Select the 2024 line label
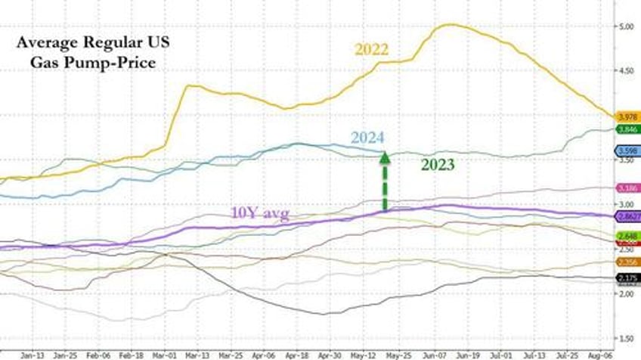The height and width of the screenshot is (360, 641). click(367, 138)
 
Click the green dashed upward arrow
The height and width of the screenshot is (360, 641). click(384, 182)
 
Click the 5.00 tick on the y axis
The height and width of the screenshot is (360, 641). click(627, 27)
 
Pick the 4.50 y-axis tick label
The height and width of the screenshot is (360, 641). click(627, 72)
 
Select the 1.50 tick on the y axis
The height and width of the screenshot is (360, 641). click(627, 338)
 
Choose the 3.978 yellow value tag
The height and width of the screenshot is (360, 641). click(627, 116)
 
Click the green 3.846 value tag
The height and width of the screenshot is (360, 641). click(627, 129)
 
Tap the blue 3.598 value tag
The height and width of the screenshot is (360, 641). click(627, 151)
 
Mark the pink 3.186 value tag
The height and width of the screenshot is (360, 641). click(627, 188)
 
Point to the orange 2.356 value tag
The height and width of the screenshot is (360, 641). click(627, 262)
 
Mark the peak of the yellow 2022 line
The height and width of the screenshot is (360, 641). click(450, 25)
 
